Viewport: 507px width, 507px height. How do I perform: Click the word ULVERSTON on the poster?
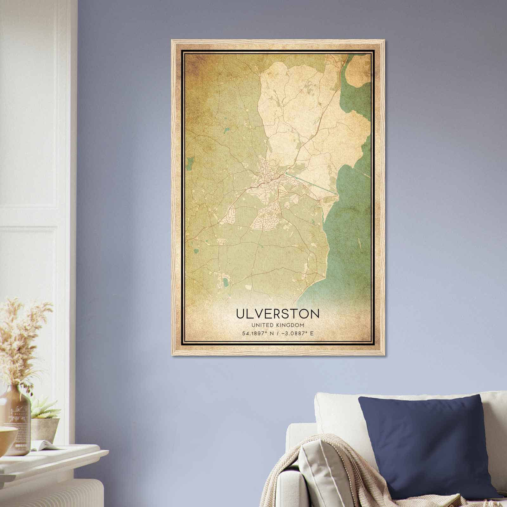coord(278,314)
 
